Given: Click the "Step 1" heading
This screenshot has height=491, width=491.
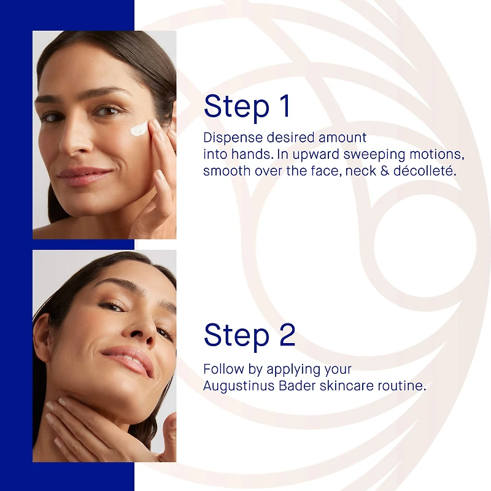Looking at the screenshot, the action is pyautogui.click(x=247, y=106).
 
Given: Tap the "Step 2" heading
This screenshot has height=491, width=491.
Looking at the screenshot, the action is pyautogui.click(x=250, y=335).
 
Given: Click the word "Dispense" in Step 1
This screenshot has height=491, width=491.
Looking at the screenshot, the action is pyautogui.click(x=233, y=137).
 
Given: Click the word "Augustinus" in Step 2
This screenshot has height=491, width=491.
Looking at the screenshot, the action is pyautogui.click(x=239, y=386).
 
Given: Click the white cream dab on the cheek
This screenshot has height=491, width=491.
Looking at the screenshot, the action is pyautogui.click(x=139, y=128).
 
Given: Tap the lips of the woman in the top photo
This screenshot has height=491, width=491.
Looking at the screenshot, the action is pyautogui.click(x=85, y=176).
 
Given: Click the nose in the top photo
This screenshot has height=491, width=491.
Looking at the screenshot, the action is pyautogui.click(x=74, y=141).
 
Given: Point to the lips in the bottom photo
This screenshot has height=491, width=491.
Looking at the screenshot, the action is pyautogui.click(x=128, y=360).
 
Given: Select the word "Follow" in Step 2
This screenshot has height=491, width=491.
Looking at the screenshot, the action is pyautogui.click(x=223, y=369).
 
